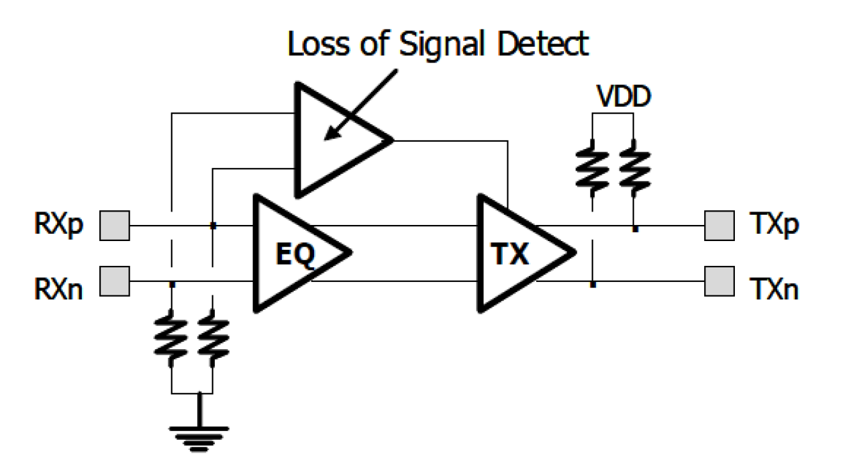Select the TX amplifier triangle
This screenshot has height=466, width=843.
[x=517, y=253]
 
